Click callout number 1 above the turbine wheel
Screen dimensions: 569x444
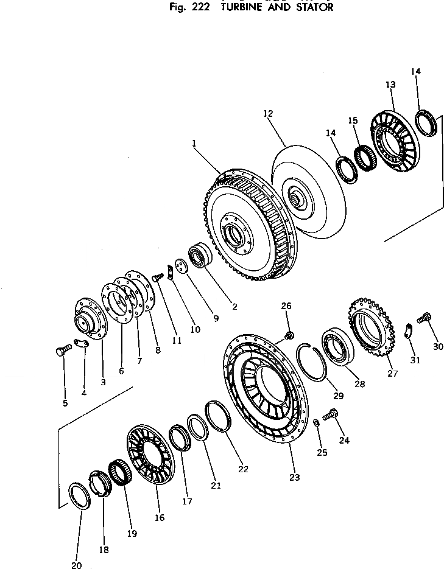193,144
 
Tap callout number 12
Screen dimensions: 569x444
269,113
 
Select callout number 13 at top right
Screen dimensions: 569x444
390,84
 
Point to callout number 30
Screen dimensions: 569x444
439,347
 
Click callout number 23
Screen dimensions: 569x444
295,478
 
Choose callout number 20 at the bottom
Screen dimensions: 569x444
76,565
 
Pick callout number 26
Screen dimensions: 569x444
287,305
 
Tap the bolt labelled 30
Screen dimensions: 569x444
425,317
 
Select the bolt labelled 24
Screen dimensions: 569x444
331,415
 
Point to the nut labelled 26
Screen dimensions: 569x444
290,333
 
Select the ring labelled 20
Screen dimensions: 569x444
79,497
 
